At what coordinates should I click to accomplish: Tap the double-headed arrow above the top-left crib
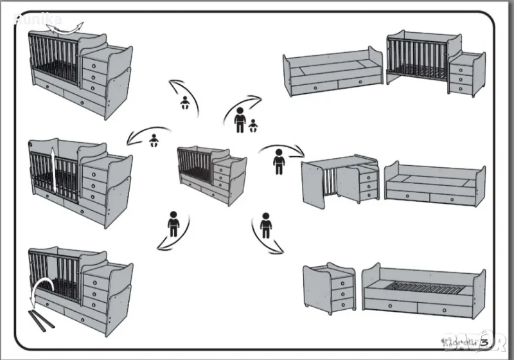pyautogui.click(x=66, y=26)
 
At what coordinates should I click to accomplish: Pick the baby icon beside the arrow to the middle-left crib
pyautogui.click(x=154, y=139)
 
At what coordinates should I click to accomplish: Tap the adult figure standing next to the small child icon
pyautogui.click(x=240, y=120)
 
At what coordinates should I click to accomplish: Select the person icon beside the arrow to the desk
pyautogui.click(x=279, y=161)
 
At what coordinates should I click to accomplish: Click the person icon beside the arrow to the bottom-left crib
pyautogui.click(x=173, y=223)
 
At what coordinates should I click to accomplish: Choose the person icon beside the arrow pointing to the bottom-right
pyautogui.click(x=266, y=225)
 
